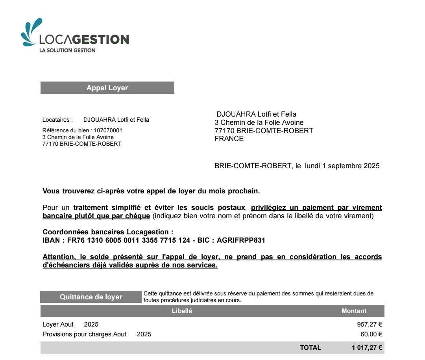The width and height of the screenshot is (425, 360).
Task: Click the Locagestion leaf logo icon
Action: point(31,32)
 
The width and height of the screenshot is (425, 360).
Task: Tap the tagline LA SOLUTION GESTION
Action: point(67,50)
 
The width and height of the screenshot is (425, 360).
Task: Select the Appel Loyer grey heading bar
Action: point(107,88)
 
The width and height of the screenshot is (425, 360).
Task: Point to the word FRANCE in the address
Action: point(229,139)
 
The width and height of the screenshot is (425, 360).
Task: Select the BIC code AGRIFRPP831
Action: point(241,240)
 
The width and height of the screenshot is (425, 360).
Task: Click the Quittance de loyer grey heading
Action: point(91,297)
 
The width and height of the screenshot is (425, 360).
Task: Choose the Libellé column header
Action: point(182,311)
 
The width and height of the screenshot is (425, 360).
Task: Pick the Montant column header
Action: point(354,311)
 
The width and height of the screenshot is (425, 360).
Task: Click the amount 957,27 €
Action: point(369,325)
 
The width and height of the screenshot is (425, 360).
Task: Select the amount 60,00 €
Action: point(371,334)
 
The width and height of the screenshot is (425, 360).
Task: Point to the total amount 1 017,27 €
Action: point(367,348)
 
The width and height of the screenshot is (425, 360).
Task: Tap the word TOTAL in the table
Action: point(310,348)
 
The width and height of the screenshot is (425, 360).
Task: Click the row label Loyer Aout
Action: point(58,325)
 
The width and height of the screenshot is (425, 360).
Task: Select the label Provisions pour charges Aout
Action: point(84,334)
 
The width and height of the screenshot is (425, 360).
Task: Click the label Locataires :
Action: point(57,120)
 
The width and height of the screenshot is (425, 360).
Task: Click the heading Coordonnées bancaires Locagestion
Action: point(107,232)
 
